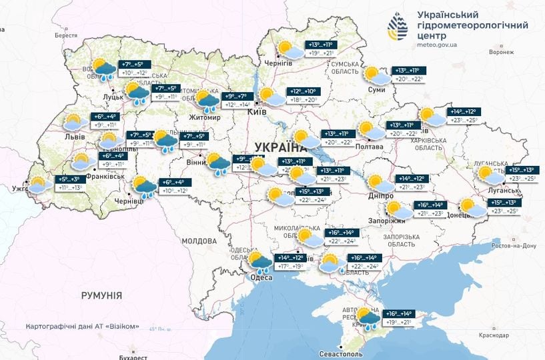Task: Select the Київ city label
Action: pos(257,112)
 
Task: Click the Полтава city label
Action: pos(370,146)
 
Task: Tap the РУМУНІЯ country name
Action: pos(102,294)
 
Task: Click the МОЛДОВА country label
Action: pos(198,240)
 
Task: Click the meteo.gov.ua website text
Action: pos(437,45)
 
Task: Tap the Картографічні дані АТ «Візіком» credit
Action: pos(83,327)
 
